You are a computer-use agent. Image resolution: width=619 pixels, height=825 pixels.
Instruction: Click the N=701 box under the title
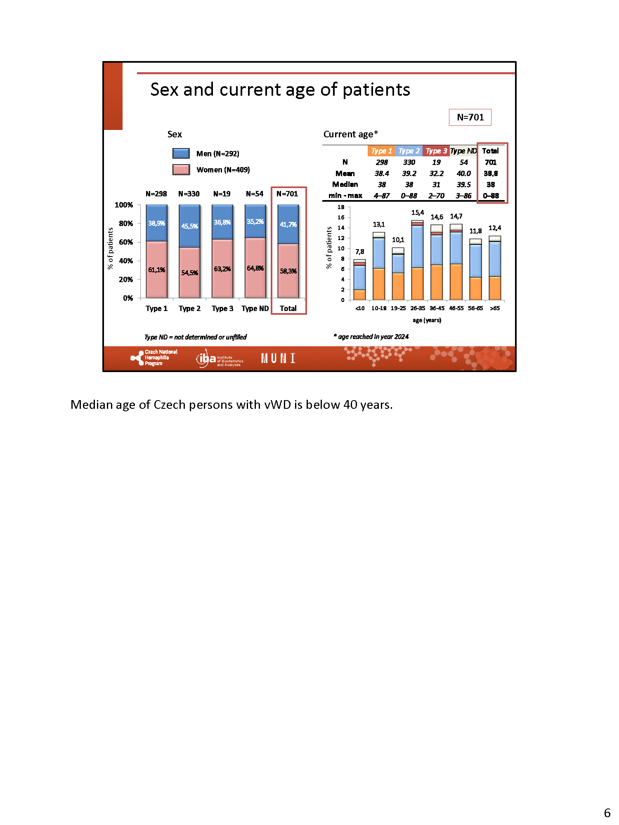point(470,117)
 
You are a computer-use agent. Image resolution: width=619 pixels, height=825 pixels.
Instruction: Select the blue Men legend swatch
point(181,153)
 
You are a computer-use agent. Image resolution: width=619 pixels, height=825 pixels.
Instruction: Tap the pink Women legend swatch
point(181,170)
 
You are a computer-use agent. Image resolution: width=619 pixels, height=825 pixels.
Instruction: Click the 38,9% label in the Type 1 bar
point(156,223)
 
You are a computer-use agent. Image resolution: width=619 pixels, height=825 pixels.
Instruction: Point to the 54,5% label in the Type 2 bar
point(189,273)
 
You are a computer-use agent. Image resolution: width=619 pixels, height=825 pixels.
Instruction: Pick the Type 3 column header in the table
point(436,151)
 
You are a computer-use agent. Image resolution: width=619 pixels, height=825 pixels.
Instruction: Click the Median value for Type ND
point(463,184)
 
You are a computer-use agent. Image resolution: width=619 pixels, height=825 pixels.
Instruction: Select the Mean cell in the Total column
point(491,173)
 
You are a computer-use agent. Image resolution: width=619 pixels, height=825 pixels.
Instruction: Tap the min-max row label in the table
point(345,196)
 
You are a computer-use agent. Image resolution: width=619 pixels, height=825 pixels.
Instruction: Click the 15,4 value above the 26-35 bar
point(417,212)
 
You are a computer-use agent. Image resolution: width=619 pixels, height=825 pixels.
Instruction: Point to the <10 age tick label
point(360,308)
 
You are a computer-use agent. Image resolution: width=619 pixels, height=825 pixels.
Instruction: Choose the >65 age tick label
point(495,308)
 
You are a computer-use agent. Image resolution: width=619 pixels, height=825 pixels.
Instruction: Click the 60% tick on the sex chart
point(126,242)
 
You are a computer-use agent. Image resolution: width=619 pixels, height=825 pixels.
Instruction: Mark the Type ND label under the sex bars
point(255,309)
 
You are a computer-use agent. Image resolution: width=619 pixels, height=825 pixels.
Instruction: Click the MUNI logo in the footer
point(278,358)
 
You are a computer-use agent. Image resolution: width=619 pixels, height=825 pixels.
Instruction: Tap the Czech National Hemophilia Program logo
point(154,358)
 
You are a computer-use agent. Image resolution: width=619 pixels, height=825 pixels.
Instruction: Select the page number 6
point(607,813)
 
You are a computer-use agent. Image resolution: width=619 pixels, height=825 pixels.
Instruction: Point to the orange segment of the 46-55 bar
point(456,282)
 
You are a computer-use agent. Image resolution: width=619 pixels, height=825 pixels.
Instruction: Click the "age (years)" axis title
point(427,320)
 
